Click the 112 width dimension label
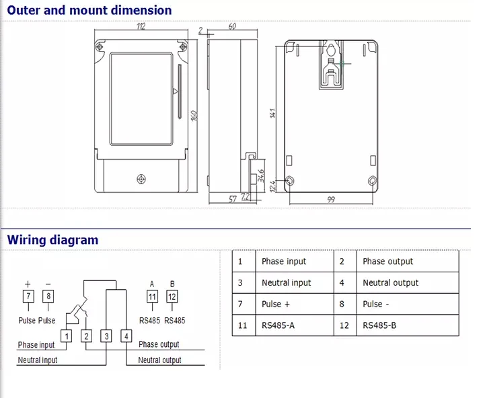[141, 26]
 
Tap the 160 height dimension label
[194, 116]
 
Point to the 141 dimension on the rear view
[272, 113]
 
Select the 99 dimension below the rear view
[331, 200]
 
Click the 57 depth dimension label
[233, 199]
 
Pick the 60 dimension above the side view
[232, 26]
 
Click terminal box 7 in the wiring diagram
[28, 296]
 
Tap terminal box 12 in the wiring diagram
[172, 297]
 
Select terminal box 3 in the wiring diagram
[106, 336]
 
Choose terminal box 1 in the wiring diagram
[67, 336]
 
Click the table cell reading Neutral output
[390, 282]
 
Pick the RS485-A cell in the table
[278, 325]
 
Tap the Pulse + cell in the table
[276, 304]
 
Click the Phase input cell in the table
[284, 262]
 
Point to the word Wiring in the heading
[26, 240]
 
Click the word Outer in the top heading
[24, 10]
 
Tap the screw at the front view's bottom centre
[141, 179]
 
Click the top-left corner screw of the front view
[100, 46]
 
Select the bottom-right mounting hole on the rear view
[373, 181]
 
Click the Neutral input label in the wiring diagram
[38, 360]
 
